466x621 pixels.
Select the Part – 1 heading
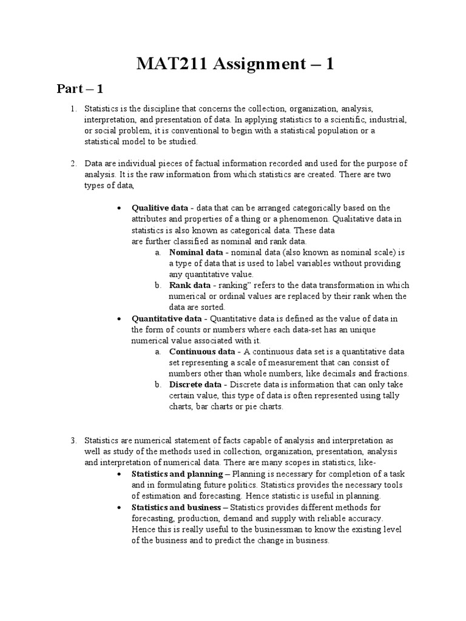80,89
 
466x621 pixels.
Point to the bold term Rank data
190,285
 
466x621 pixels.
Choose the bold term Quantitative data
167,318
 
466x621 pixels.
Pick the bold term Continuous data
201,351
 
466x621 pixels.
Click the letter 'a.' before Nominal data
157,252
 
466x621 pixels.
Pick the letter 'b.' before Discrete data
157,384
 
